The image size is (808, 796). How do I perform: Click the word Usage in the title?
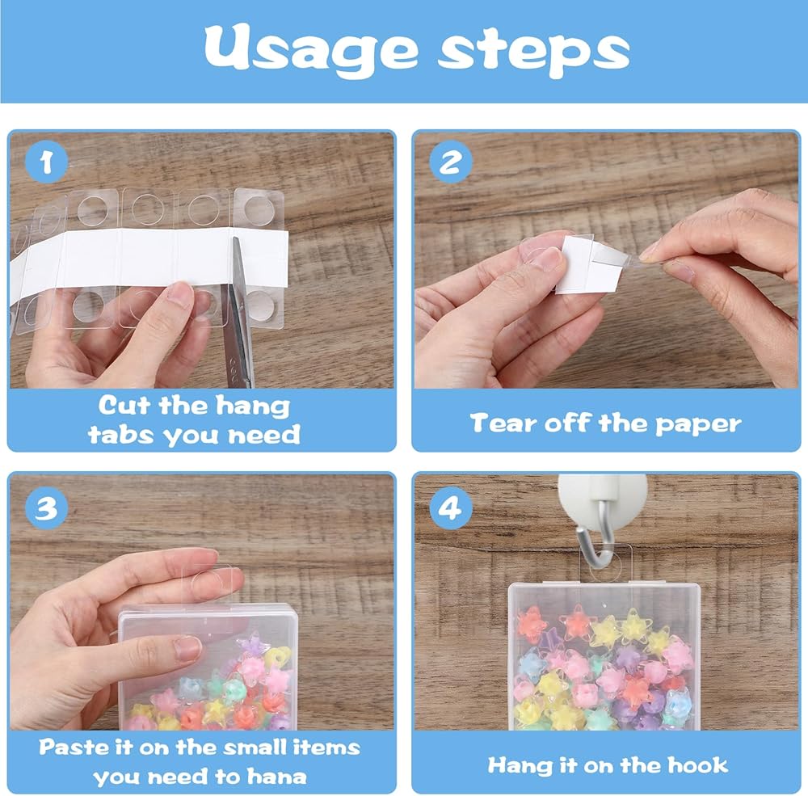click(311, 50)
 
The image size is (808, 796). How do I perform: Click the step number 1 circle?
click(46, 162)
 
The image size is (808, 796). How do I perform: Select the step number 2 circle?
click(451, 162)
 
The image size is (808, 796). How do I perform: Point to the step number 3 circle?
click(46, 508)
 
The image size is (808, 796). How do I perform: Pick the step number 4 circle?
click(451, 508)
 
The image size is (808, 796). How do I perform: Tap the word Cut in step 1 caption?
click(126, 405)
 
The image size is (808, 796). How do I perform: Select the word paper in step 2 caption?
click(698, 425)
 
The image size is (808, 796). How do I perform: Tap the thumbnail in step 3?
click(187, 649)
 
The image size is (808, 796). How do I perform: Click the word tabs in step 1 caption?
click(121, 435)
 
